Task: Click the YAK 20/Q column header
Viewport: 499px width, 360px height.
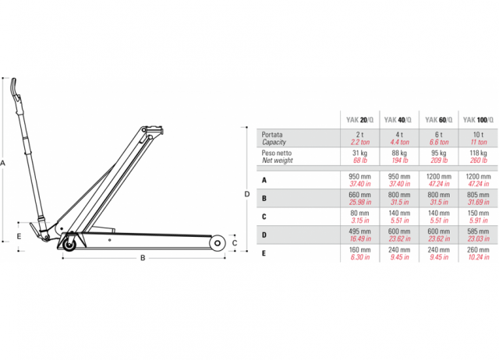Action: [x=359, y=120]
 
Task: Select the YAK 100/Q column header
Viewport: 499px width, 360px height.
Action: [x=478, y=120]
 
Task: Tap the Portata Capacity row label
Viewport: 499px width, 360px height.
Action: [x=274, y=139]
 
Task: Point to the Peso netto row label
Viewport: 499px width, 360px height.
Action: [x=277, y=153]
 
